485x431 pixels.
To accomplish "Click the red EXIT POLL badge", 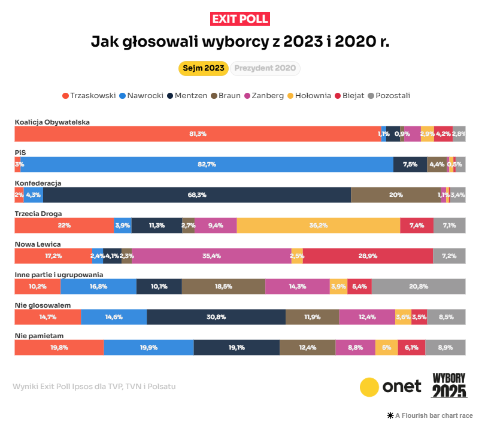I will coord(240,19).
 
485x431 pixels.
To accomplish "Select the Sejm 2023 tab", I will coord(204,68).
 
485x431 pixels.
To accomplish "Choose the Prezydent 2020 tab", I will coord(265,68).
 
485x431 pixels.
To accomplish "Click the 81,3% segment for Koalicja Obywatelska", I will coord(198,134).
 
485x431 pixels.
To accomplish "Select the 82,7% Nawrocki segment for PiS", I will coord(207,165).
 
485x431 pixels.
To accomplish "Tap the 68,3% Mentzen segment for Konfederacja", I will coord(197,195).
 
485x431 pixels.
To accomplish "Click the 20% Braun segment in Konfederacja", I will coord(396,195).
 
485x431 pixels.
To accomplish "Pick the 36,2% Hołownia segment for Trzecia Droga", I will coord(318,226).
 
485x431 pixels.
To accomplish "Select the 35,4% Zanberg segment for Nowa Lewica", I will coord(211,256).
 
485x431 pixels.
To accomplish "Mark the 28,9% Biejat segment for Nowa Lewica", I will coord(368,256).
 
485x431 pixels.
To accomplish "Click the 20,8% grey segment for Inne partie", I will coord(419,286).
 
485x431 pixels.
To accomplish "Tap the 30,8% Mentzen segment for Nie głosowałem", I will coord(216,317).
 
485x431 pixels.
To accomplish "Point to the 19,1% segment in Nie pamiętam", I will coord(237,347).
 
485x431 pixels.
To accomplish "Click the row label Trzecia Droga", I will coord(38,213).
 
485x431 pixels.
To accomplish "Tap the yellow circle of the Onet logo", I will coord(370,387).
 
